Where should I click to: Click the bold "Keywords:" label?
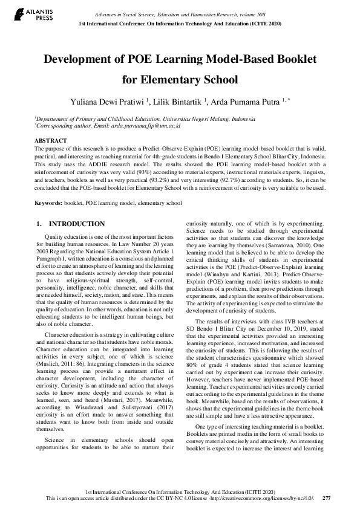tap(49, 203)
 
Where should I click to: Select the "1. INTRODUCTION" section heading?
tap(71, 224)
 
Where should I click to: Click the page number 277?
tap(326, 498)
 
